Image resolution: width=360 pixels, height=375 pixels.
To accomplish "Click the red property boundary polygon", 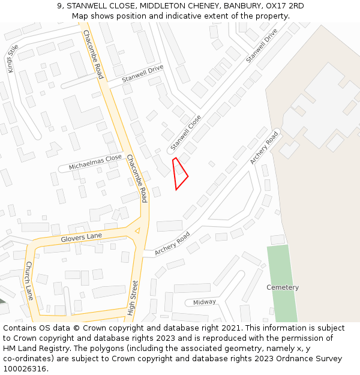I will tap(179, 175).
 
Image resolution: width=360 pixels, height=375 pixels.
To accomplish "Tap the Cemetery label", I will tap(283, 287).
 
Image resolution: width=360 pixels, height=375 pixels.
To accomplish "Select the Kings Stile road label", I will tap(13, 58).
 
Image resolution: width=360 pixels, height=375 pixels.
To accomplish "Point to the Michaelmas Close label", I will tap(95, 162).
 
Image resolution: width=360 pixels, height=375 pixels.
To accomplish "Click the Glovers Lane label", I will tap(82, 238).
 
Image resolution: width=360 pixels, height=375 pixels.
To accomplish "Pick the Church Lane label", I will tap(29, 280).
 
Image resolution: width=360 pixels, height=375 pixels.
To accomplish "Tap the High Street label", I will tap(133, 298).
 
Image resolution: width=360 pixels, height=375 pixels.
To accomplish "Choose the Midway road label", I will tap(205, 302).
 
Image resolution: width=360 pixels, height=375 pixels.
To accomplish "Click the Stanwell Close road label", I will tap(185, 133).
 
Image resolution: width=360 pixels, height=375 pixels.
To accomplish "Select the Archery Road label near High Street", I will tap(172, 244).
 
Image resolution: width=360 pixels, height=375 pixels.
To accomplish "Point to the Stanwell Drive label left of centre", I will tap(142, 74).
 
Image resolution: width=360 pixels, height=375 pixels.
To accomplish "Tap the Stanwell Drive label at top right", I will tap(262, 45).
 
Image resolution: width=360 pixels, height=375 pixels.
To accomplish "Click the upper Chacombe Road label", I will tap(94, 55).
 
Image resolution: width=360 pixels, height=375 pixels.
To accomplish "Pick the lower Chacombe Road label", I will tap(136, 178).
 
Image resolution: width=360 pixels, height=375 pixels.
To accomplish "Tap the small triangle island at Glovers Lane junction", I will tap(137, 230).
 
